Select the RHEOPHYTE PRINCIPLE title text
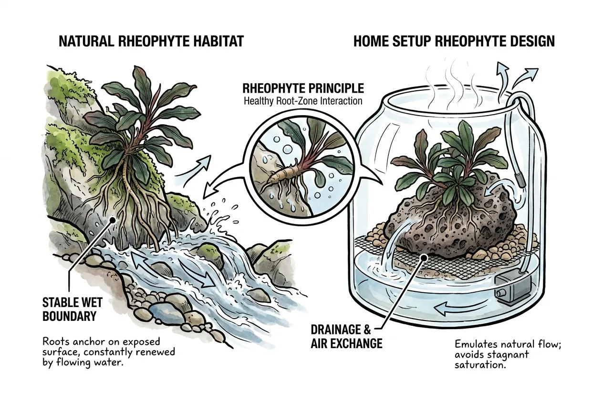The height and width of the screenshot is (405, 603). click(303, 88)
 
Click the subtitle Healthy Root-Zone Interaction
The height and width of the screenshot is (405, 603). click(303, 101)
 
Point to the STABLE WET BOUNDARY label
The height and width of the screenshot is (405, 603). click(73, 309)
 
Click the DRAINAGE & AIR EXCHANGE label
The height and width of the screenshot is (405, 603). click(346, 337)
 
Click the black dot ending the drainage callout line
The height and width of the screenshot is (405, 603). click(424, 258)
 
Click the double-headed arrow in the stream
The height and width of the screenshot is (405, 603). click(172, 271)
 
